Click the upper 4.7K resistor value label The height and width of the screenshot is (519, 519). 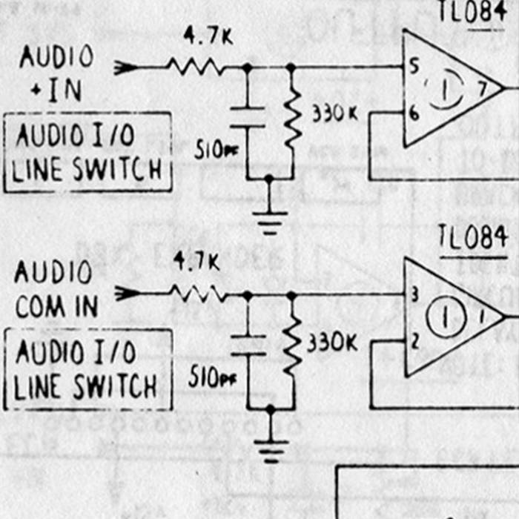coord(208,36)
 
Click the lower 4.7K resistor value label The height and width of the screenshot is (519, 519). coord(196,262)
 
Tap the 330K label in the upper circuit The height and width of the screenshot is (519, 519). coord(335,113)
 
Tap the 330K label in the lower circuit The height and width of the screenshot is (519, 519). coord(332,343)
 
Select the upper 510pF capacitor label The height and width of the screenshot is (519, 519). coord(216,150)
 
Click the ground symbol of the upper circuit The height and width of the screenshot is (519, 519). coord(270,220)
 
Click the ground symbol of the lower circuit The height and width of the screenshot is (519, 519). coord(271,449)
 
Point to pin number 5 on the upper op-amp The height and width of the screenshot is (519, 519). coord(413,67)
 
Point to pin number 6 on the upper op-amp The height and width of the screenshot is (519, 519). coord(414,113)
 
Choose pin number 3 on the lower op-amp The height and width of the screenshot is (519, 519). coord(414,295)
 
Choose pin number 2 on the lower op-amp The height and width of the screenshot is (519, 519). coord(414,341)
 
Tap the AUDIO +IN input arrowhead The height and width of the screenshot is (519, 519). coord(127,68)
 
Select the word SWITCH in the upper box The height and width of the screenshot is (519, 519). coord(116,171)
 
